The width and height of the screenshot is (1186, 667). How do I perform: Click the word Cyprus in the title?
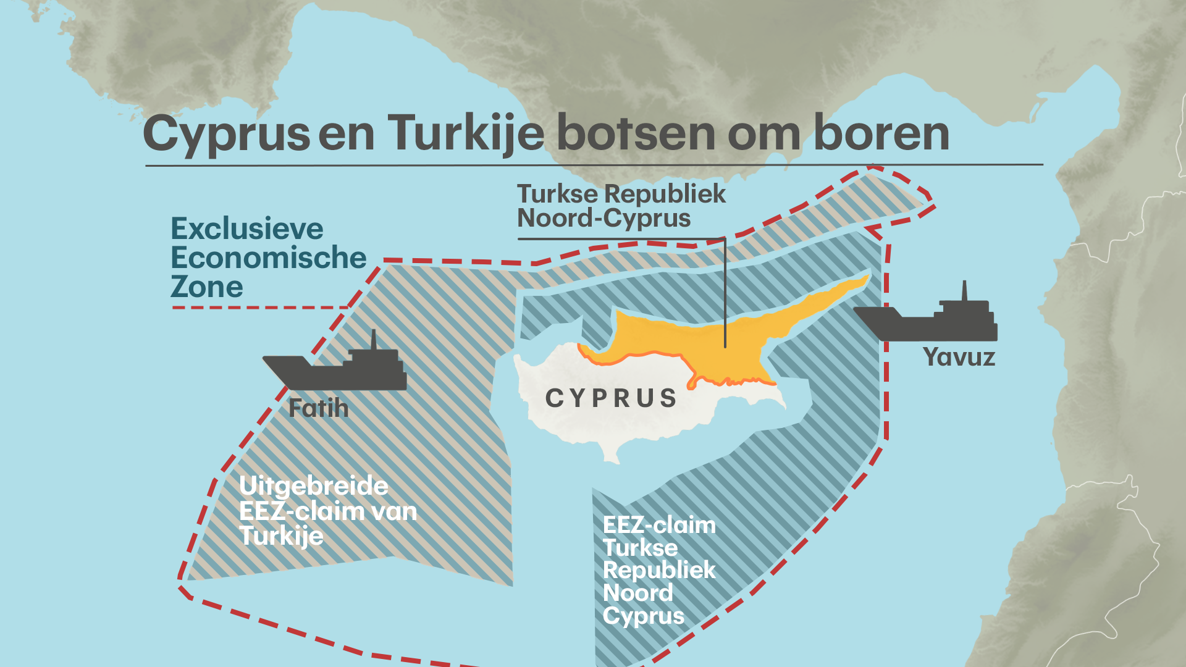click(226, 134)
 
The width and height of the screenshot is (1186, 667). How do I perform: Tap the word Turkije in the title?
click(466, 134)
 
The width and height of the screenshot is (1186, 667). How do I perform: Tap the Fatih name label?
click(319, 408)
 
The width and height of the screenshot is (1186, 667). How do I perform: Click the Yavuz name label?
click(959, 357)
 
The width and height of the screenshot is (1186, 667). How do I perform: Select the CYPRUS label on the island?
click(612, 398)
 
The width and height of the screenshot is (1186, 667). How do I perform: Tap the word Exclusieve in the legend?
click(247, 229)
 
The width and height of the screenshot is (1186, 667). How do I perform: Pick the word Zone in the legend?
click(207, 287)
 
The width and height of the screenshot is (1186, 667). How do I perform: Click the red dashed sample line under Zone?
click(259, 307)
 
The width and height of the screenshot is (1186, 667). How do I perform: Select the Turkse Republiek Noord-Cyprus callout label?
click(621, 206)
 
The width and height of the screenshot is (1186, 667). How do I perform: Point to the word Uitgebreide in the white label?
click(314, 486)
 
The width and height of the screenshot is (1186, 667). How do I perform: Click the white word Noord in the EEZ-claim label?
click(637, 593)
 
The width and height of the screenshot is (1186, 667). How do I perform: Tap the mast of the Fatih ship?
click(373, 340)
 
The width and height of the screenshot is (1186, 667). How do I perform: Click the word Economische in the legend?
click(269, 258)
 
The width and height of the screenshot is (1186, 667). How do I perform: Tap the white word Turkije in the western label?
click(282, 536)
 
